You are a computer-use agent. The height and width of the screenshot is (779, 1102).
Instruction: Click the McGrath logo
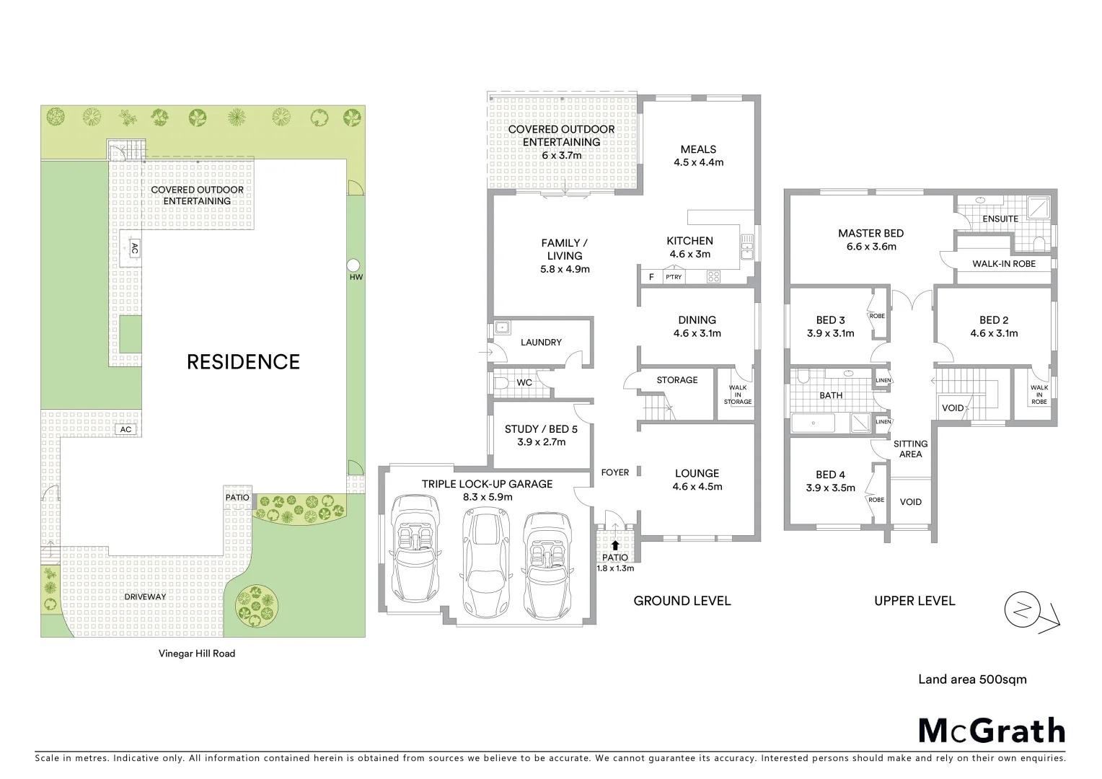tap(992, 731)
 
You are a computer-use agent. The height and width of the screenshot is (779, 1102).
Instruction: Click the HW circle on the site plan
tap(353, 265)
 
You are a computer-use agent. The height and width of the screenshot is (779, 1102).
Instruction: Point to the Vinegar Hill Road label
tap(197, 653)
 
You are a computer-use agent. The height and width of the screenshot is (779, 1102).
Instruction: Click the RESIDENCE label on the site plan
tap(243, 362)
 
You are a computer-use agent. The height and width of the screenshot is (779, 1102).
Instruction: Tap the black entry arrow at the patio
tap(615, 545)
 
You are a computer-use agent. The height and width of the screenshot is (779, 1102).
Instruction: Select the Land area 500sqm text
tap(972, 679)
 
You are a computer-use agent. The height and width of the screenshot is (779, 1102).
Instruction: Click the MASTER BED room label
tap(870, 234)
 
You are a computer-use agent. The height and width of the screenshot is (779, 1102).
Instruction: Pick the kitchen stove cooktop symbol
tap(713, 277)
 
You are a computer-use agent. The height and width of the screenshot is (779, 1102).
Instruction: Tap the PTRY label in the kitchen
tap(674, 277)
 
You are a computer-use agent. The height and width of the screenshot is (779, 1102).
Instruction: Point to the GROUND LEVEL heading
tap(682, 601)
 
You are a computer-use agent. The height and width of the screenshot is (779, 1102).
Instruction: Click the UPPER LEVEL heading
tap(914, 601)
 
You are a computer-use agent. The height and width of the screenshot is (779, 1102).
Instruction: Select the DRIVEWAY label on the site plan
tap(145, 597)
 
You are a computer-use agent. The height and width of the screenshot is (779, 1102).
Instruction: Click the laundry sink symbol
tap(503, 328)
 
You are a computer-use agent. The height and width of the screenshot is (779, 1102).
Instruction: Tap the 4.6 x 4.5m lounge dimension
tap(697, 487)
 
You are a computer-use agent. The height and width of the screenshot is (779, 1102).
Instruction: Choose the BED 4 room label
tap(830, 475)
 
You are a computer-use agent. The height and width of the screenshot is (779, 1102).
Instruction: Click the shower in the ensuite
tap(1040, 207)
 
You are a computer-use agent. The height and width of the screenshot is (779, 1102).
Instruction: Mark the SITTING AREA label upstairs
tap(910, 449)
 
